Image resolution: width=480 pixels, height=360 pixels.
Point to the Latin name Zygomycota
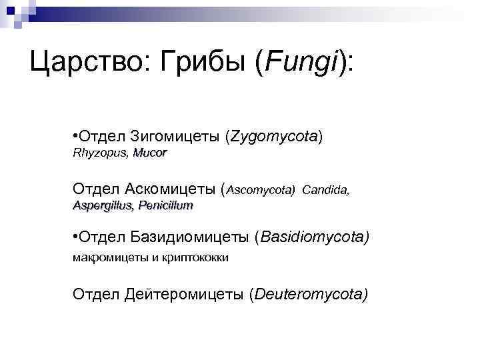pos(273,137)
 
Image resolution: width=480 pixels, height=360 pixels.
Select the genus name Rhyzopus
pos(100,153)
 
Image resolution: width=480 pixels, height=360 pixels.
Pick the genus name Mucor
pos(150,153)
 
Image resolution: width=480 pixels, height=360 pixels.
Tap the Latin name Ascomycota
pos(261,190)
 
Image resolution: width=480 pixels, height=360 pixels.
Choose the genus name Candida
pos(325,190)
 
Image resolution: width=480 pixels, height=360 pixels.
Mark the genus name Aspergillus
pos(103,206)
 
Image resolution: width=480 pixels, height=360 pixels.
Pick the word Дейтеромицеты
pos(183,294)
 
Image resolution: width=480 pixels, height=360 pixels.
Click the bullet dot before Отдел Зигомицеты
pos(75,137)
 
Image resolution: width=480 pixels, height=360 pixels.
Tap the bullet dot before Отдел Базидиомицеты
pos(75,237)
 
